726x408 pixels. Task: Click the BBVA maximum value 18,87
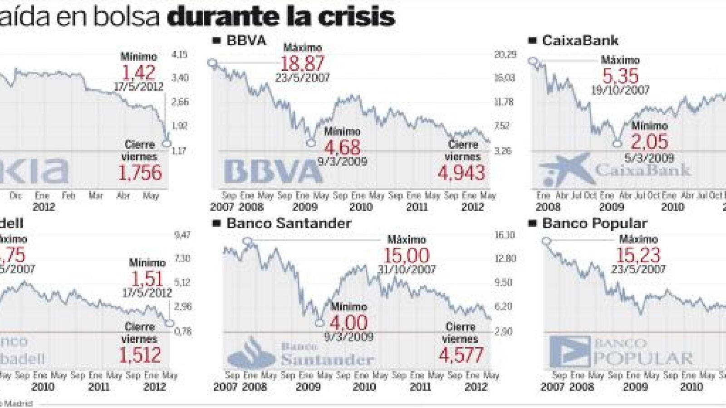click(302, 64)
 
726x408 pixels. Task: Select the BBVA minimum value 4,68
click(343, 147)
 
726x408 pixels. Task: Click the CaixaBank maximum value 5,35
click(620, 76)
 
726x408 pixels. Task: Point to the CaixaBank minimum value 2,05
click(649, 142)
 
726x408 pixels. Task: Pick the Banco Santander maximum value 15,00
click(407, 256)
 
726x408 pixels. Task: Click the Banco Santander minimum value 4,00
click(348, 323)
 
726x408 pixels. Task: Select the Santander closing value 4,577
click(461, 355)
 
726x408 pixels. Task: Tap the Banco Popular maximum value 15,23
click(638, 256)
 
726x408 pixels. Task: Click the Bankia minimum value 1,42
click(139, 73)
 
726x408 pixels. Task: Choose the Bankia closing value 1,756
click(140, 173)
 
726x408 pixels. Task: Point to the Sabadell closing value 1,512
click(140, 355)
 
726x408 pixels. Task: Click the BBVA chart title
click(246, 41)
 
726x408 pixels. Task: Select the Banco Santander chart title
click(288, 223)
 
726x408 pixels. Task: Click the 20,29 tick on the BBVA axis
click(505, 55)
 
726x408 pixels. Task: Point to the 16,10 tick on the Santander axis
click(505, 235)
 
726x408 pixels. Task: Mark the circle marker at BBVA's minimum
click(311, 143)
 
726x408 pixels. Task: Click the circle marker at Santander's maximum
click(248, 241)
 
